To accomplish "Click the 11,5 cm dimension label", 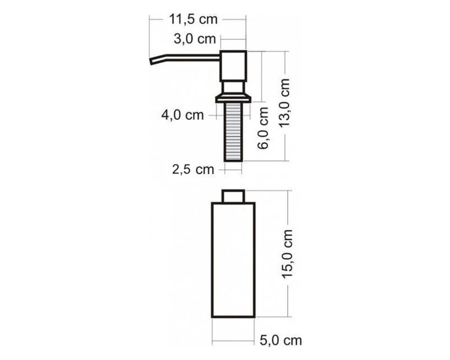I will point(193,19).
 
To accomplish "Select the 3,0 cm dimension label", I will point(194,40).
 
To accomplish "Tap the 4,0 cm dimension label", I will point(182,115).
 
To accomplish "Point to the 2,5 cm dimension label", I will point(193,169).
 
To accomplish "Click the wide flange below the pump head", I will point(233,95).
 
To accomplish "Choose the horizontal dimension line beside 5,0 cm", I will point(234,340).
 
